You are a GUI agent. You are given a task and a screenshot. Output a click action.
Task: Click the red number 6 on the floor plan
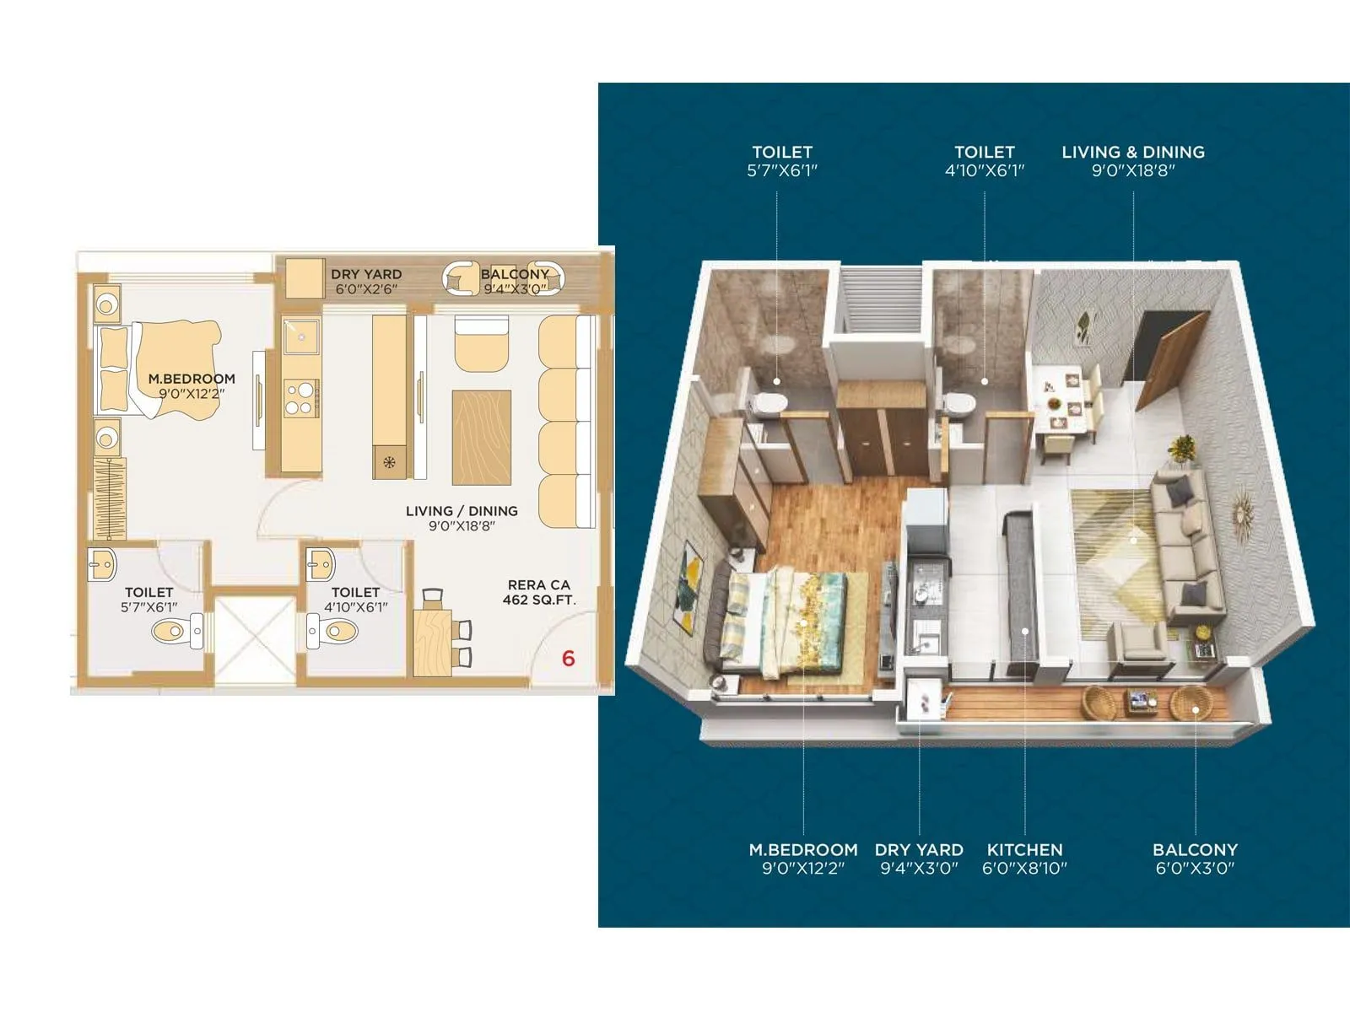pyautogui.click(x=568, y=658)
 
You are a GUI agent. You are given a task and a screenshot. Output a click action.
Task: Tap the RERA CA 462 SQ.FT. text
pyautogui.click(x=538, y=592)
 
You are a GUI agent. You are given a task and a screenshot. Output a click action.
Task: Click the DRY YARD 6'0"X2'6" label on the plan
pyautogui.click(x=366, y=282)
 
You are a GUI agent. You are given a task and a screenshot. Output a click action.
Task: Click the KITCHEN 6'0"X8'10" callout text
pyautogui.click(x=1024, y=859)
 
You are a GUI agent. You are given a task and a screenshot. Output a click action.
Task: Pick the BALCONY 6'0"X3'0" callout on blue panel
pyautogui.click(x=1195, y=859)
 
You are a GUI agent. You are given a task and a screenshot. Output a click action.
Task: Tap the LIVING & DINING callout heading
pyautogui.click(x=1133, y=153)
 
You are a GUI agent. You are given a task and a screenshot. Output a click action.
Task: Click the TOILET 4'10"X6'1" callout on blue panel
pyautogui.click(x=984, y=161)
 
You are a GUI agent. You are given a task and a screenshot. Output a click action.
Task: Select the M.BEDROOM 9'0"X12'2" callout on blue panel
pyautogui.click(x=803, y=859)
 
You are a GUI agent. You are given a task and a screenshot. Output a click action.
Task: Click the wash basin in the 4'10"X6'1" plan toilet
pyautogui.click(x=321, y=564)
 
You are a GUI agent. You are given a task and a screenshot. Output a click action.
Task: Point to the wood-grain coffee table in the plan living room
pyautogui.click(x=482, y=437)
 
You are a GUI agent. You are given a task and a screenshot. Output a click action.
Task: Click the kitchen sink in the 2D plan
pyautogui.click(x=300, y=336)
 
